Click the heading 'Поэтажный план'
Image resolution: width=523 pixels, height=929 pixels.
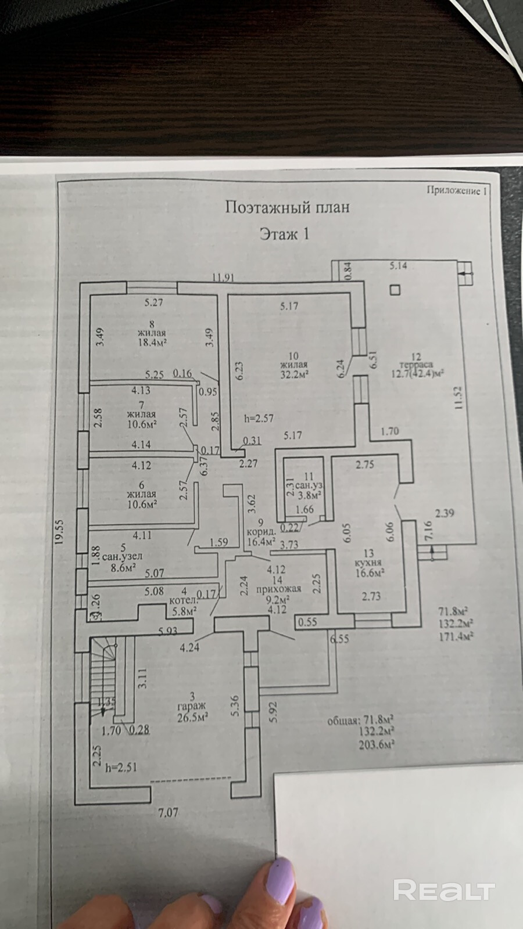click(287, 207)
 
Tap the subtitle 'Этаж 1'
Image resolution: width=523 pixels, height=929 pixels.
click(284, 234)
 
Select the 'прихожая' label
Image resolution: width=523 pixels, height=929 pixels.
click(277, 589)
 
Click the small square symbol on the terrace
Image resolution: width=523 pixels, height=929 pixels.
click(395, 290)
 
